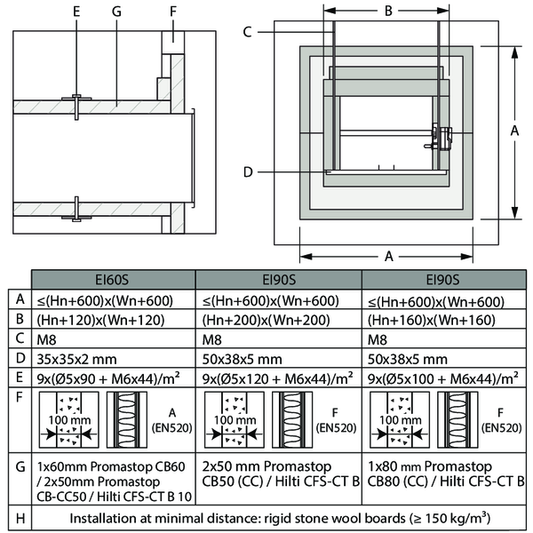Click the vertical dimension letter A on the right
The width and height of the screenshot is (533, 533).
coord(514,130)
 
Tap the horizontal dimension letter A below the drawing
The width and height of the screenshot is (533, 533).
coord(389,257)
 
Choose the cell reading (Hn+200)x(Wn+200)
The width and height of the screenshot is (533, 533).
coord(259,319)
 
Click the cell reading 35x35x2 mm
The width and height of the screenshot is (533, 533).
coord(76,359)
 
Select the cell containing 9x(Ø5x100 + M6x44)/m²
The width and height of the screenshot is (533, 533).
coord(441,379)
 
